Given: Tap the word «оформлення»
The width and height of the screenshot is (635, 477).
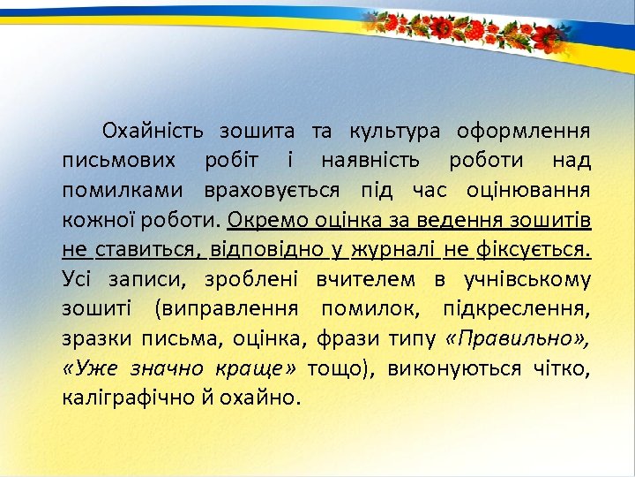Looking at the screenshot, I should (x=523, y=132).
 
